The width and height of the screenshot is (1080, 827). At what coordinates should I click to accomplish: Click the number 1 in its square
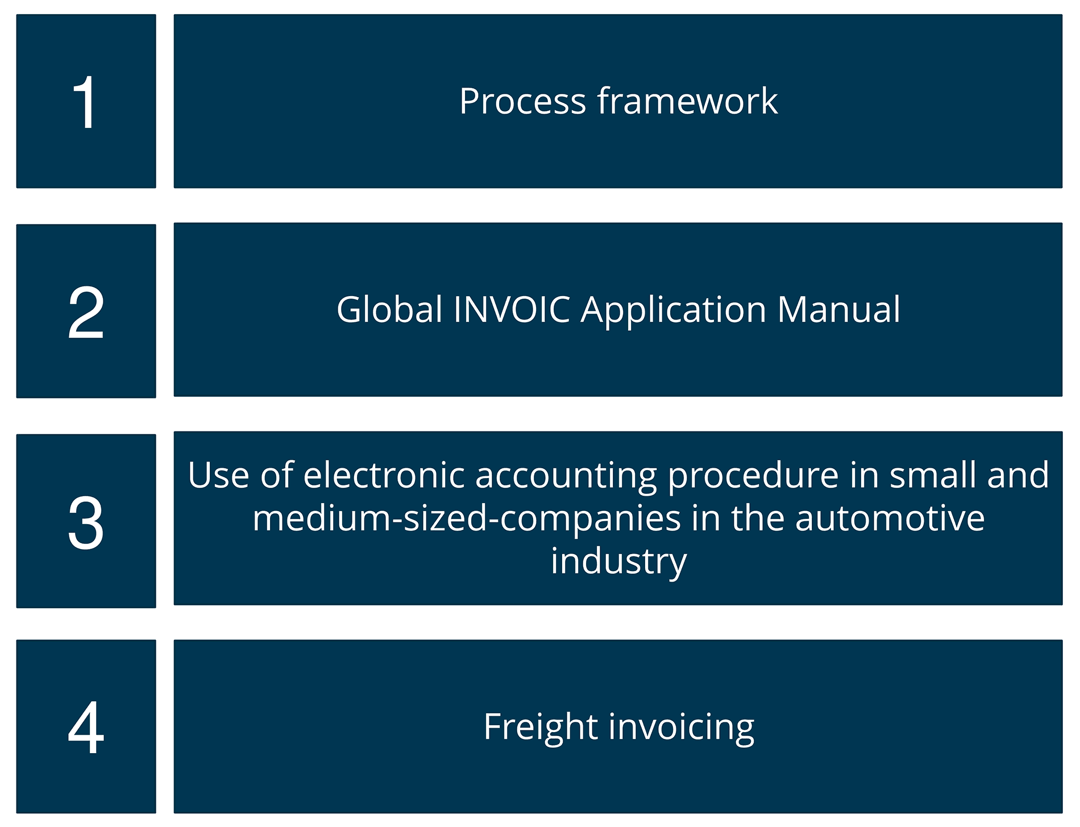(x=86, y=103)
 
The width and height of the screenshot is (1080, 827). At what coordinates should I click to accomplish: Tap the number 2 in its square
(x=86, y=312)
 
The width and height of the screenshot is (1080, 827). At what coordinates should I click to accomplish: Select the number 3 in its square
(x=86, y=522)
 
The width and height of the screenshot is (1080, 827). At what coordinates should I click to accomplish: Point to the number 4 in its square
(x=86, y=728)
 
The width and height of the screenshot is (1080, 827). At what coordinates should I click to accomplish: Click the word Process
(x=522, y=102)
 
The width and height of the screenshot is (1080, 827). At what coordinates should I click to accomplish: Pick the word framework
(x=687, y=102)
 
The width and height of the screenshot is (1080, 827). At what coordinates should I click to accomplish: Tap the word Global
(x=389, y=310)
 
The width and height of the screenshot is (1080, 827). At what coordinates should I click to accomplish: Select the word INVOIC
(x=512, y=310)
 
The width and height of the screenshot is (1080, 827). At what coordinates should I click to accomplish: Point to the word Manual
(x=839, y=310)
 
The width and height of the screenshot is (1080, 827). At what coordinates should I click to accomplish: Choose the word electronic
(x=384, y=475)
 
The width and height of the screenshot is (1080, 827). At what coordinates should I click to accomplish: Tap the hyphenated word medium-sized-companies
(x=467, y=519)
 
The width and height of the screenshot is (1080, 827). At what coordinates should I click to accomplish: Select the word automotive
(x=890, y=518)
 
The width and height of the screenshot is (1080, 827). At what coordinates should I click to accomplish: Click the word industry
(x=618, y=562)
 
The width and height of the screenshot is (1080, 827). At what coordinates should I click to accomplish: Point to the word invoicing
(x=682, y=727)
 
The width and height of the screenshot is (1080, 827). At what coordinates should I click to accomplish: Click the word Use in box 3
(x=218, y=475)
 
